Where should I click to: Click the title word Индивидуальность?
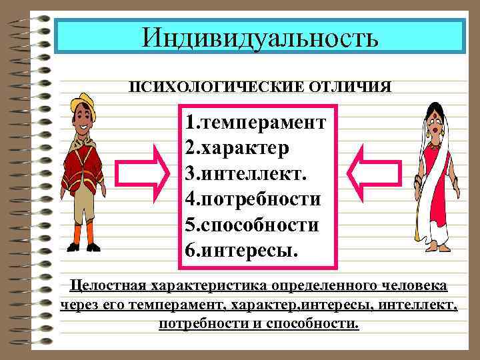click(x=260, y=37)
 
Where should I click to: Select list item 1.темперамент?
click(x=257, y=123)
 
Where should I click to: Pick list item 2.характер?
click(x=238, y=149)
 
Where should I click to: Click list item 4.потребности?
click(x=254, y=199)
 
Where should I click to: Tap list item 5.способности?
click(x=253, y=225)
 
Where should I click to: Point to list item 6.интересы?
click(x=243, y=251)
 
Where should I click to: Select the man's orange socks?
click(x=83, y=233)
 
